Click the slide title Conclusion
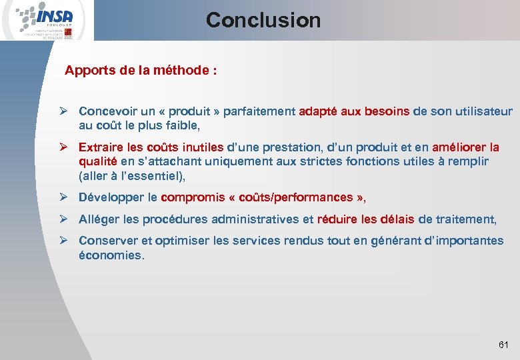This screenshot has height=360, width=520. tap(263, 20)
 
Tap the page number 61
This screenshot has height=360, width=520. tap(503, 345)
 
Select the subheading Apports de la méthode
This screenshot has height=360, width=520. tap(140, 71)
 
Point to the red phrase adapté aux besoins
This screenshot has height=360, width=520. tap(354, 111)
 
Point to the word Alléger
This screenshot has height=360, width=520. tap(99, 219)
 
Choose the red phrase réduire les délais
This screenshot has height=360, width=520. tap(365, 219)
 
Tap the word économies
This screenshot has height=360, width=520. tap(110, 255)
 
